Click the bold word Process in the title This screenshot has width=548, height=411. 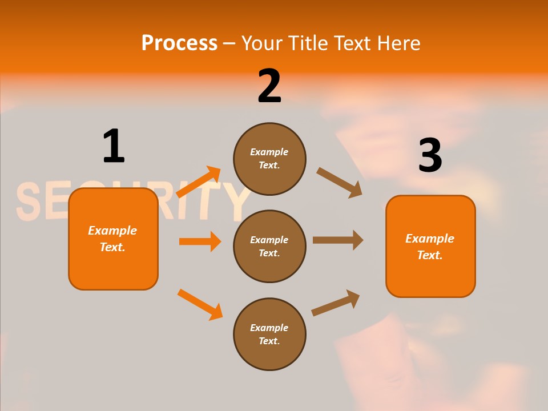pyautogui.click(x=179, y=43)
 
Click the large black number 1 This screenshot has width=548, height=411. pyautogui.click(x=114, y=146)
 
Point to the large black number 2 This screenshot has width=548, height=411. pyautogui.click(x=269, y=86)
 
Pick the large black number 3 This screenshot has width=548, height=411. pyautogui.click(x=430, y=155)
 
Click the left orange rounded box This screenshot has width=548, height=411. pyautogui.click(x=113, y=239)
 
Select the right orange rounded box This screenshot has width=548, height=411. pyautogui.click(x=430, y=246)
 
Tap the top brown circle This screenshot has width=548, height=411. pyautogui.click(x=269, y=159)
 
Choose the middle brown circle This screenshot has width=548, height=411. pyautogui.click(x=269, y=246)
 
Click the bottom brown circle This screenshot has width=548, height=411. pyautogui.click(x=269, y=334)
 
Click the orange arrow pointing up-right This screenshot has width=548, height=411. pyautogui.click(x=199, y=182)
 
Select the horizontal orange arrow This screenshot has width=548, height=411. pyautogui.click(x=200, y=241)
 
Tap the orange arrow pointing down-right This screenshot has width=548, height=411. pyautogui.click(x=200, y=304)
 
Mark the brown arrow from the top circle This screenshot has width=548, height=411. pyautogui.click(x=339, y=182)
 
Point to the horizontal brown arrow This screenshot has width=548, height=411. pyautogui.click(x=338, y=240)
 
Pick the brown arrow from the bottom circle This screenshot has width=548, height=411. pyautogui.click(x=336, y=303)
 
